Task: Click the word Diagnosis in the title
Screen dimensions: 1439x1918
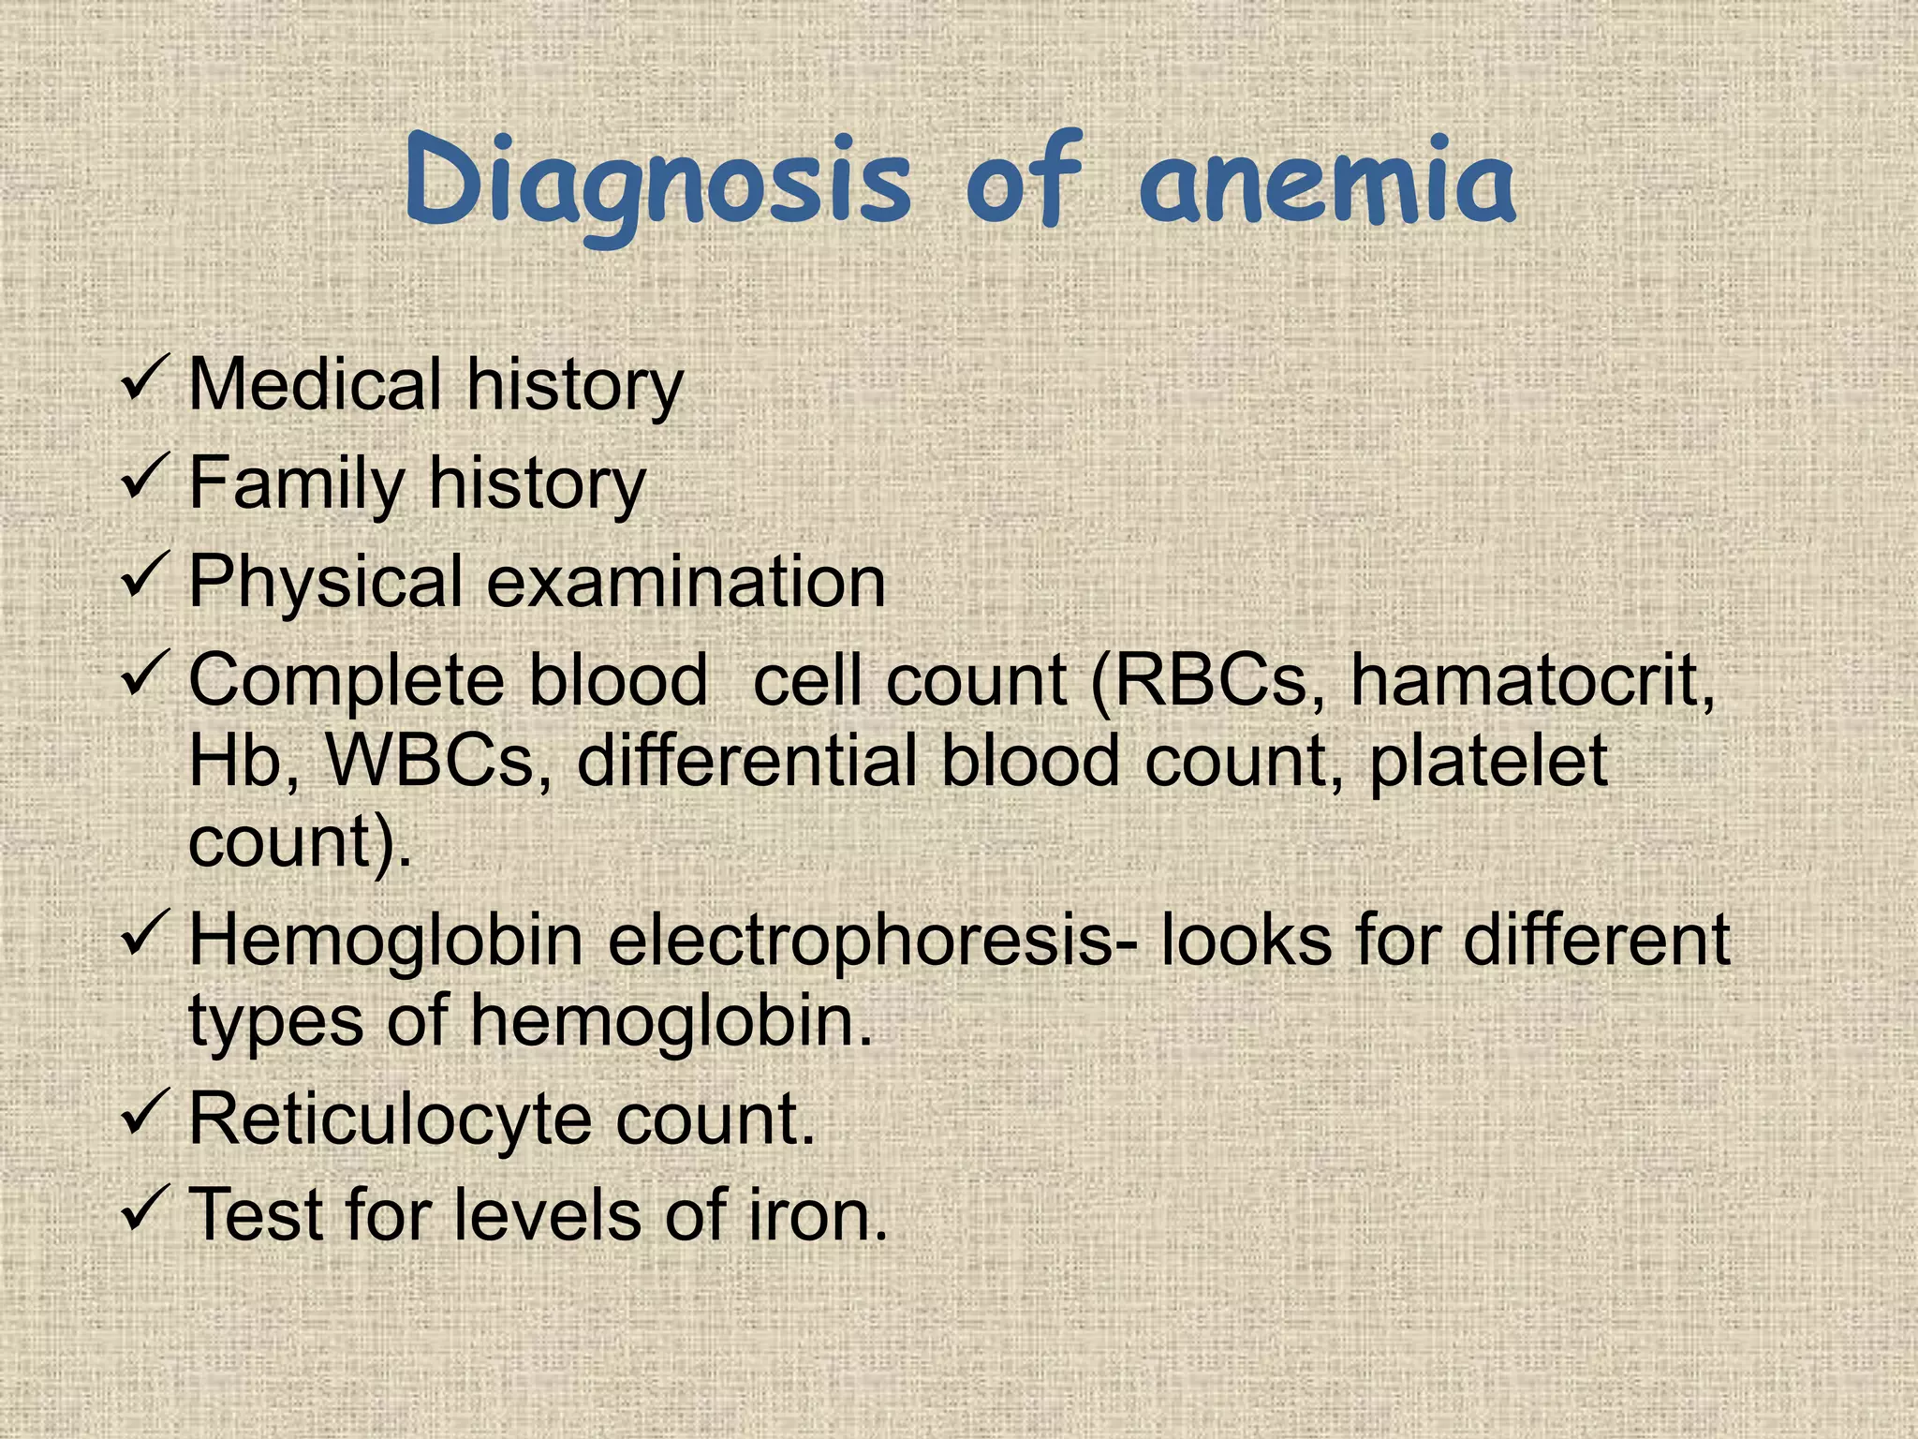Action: (x=657, y=182)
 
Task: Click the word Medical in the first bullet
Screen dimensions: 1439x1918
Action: (x=315, y=384)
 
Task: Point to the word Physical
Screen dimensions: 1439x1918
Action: (x=326, y=582)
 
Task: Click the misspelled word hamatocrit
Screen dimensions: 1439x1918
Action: (x=1532, y=679)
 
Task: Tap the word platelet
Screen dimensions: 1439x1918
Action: (x=1489, y=760)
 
